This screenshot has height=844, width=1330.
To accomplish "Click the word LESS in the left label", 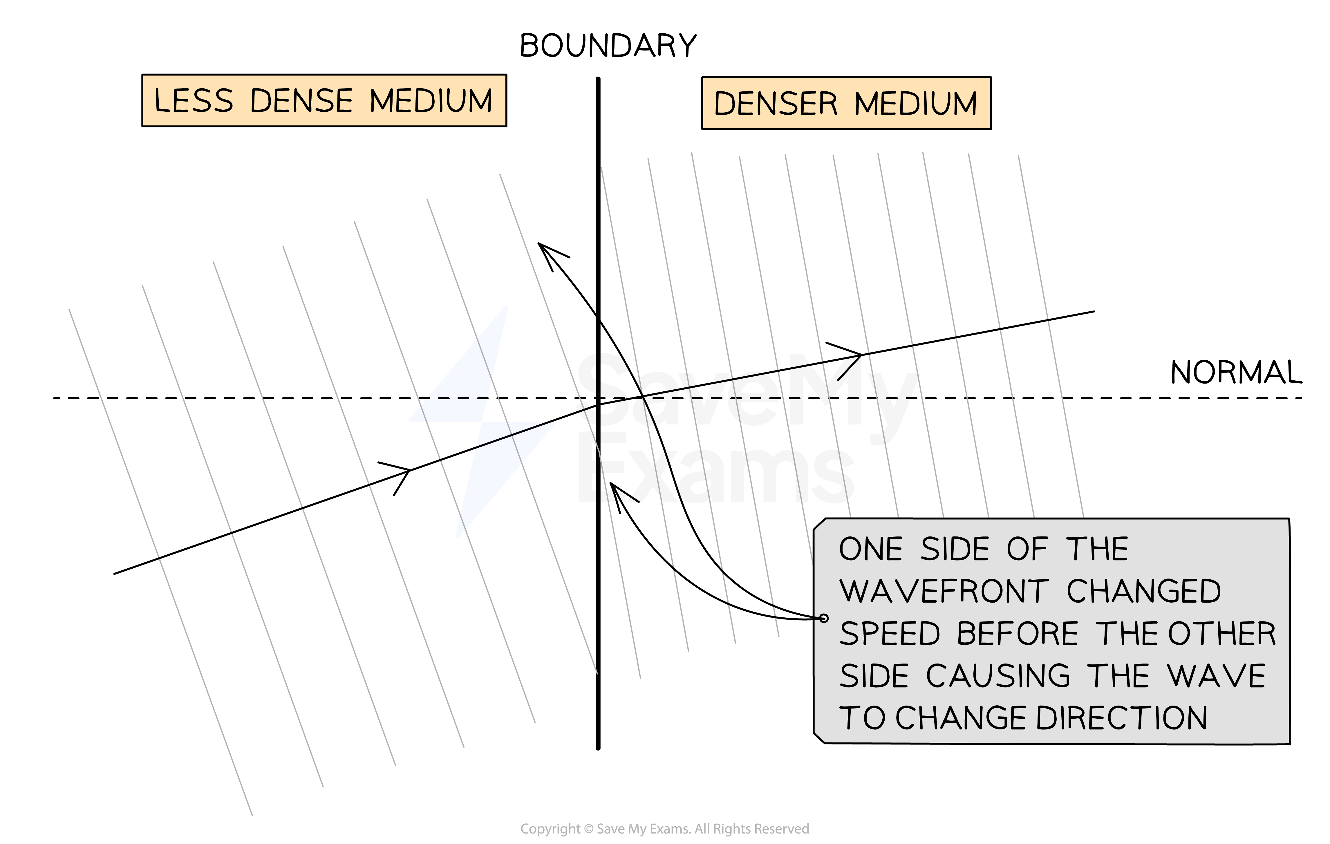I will click(x=193, y=101).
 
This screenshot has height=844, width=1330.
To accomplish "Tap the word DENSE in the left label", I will click(x=301, y=101).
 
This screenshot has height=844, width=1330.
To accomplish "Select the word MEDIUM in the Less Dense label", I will click(x=431, y=101).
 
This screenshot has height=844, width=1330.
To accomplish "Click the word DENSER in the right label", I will click(x=776, y=104).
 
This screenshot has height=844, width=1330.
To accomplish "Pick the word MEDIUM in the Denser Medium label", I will click(x=916, y=104).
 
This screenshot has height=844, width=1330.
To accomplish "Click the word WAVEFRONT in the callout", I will click(x=943, y=592).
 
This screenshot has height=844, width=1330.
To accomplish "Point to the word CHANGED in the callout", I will click(x=1143, y=592).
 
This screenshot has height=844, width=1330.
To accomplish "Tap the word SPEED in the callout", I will click(x=889, y=634).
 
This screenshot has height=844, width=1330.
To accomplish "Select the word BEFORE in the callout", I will click(x=1018, y=634).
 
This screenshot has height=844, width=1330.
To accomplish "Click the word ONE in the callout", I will click(x=870, y=550).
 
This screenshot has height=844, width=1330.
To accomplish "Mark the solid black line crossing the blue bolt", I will click(x=514, y=435).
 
